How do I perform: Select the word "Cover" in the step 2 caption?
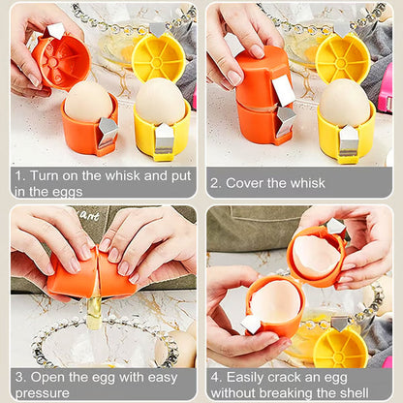pyautogui.click(x=247, y=182)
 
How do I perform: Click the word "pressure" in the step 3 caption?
pyautogui.click(x=43, y=392)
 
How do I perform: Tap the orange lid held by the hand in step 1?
pyautogui.click(x=62, y=61)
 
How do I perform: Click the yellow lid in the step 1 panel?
pyautogui.click(x=158, y=56)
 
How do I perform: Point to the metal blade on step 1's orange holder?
pyautogui.click(x=107, y=131)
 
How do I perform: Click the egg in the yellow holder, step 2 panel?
pyautogui.click(x=346, y=103)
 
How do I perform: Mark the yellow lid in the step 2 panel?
pyautogui.click(x=344, y=57)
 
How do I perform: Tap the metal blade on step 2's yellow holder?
pyautogui.click(x=350, y=141)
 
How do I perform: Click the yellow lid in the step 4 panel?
pyautogui.click(x=341, y=347)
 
